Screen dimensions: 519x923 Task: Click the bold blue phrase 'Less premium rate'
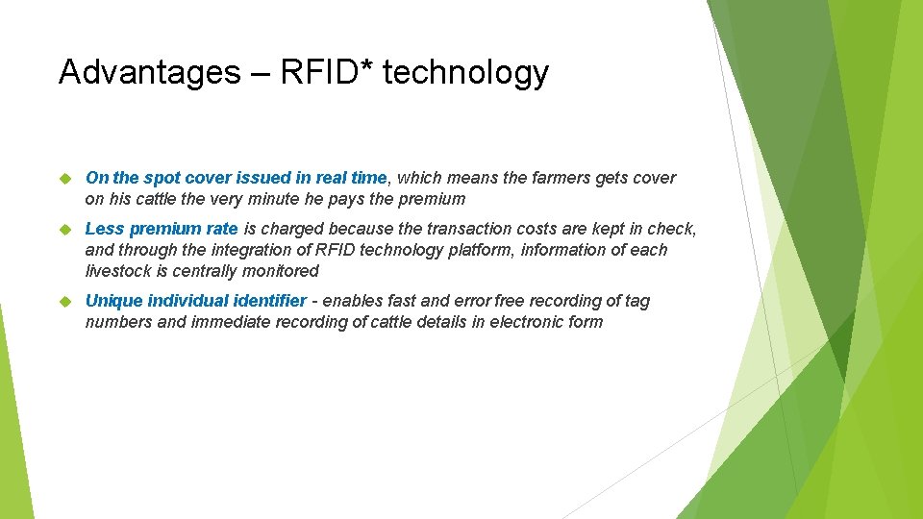coord(162,229)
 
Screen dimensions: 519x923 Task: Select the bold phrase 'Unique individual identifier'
coord(196,301)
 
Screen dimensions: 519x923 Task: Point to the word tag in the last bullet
coord(636,301)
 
